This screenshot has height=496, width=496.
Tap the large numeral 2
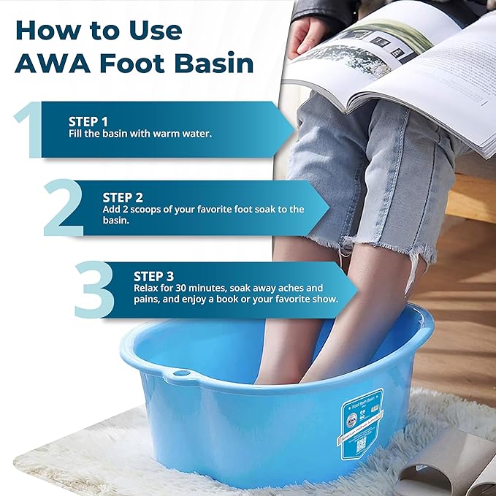click(x=64, y=207)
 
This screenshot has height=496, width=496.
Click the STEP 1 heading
click(x=88, y=122)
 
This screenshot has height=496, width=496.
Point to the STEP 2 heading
click(x=123, y=197)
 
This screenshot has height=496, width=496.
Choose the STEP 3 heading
click(x=153, y=276)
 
